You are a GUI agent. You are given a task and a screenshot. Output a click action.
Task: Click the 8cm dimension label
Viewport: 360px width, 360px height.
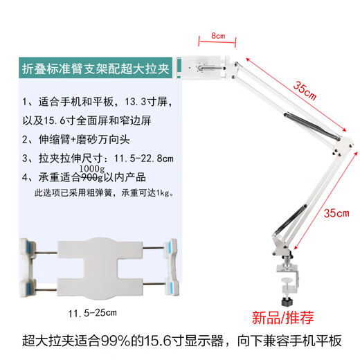coord(217,35)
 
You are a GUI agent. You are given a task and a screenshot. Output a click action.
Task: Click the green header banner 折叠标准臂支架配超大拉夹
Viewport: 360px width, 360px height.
coord(95,68)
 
